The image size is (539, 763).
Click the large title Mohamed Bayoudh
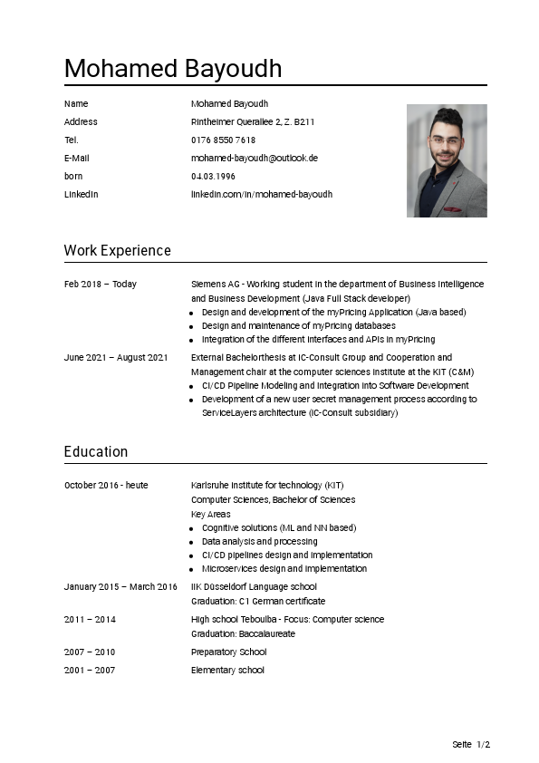[x=173, y=69]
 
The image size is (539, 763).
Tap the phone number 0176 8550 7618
[x=223, y=140]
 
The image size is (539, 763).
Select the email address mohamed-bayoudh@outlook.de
[x=254, y=159]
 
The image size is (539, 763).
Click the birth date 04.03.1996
[x=213, y=177]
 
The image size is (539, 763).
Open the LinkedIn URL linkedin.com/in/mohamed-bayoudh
[x=261, y=195]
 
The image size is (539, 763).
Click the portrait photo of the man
[x=447, y=160]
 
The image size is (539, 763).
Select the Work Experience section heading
[x=117, y=251]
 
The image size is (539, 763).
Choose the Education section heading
[x=96, y=452]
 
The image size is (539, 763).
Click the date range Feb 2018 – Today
[x=101, y=285]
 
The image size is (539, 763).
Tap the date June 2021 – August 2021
[x=116, y=358]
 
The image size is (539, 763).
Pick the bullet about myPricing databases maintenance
[x=298, y=326]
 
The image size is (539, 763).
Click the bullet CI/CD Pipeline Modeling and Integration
[x=334, y=386]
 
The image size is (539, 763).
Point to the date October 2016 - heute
[x=106, y=486]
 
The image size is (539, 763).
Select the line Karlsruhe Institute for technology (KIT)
[x=267, y=486]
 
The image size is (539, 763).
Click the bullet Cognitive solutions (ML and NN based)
[x=278, y=527]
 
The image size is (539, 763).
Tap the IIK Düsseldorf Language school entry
[x=254, y=587]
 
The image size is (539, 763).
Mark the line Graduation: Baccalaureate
[x=243, y=634]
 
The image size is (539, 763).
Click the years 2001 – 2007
[x=90, y=671]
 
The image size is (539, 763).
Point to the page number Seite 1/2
[x=471, y=745]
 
